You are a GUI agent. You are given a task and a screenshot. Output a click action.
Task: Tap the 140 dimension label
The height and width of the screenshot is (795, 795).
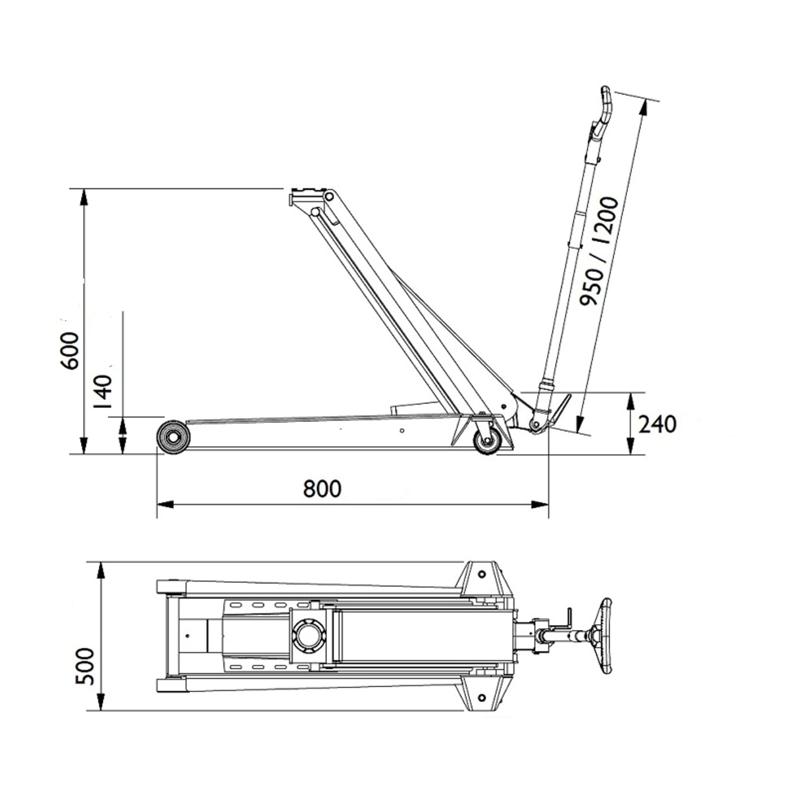[x=103, y=392]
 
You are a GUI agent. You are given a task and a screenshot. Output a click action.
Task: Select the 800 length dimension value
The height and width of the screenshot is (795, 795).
[x=322, y=489]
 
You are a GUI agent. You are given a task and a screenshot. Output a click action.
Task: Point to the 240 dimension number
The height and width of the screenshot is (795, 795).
[x=657, y=424]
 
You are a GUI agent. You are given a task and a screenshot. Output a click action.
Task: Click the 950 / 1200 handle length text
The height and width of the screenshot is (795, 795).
[x=599, y=251]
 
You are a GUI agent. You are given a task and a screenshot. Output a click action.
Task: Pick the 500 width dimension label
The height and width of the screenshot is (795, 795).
[x=85, y=666]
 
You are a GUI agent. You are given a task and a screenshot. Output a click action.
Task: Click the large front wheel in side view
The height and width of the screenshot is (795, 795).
[x=174, y=437]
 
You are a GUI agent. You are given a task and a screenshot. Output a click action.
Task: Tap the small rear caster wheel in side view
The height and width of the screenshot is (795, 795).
[x=487, y=441]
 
